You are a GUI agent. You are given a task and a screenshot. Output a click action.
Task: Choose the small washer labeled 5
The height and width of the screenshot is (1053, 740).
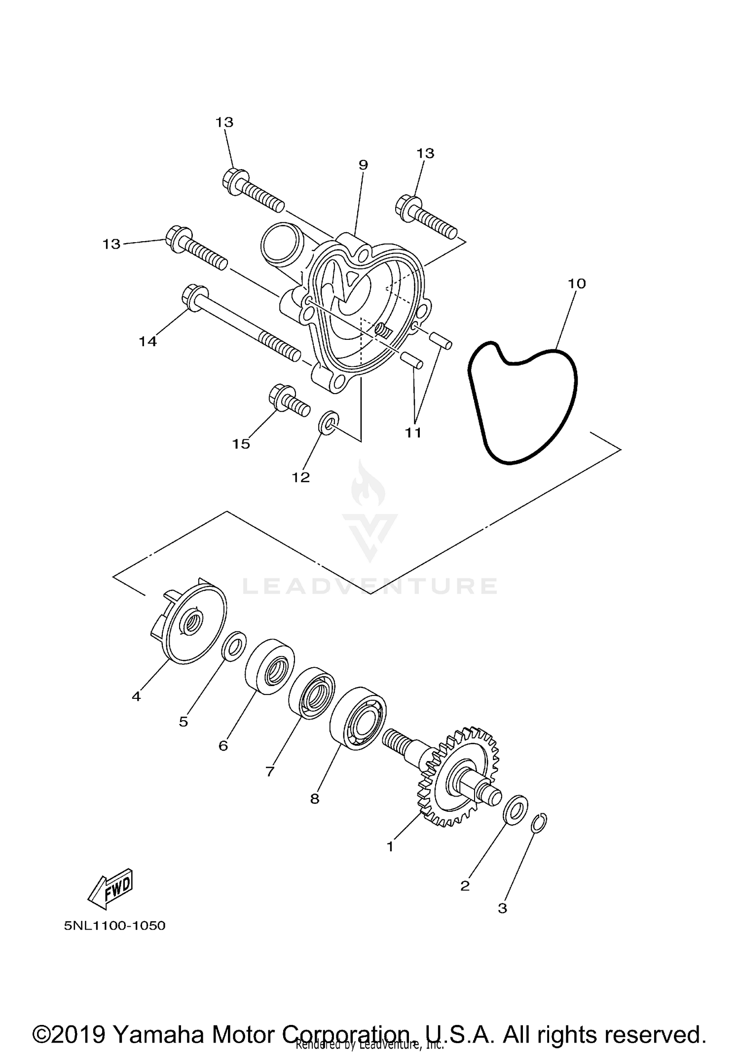click(234, 646)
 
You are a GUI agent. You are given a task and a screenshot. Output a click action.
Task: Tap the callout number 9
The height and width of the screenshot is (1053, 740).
click(363, 165)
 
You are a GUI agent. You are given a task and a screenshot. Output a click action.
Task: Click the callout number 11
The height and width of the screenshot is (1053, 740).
click(413, 433)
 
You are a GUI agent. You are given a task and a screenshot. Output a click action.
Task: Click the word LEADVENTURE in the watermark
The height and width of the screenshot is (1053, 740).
click(370, 586)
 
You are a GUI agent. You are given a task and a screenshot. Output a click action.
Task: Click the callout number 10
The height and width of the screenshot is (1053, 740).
click(577, 284)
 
